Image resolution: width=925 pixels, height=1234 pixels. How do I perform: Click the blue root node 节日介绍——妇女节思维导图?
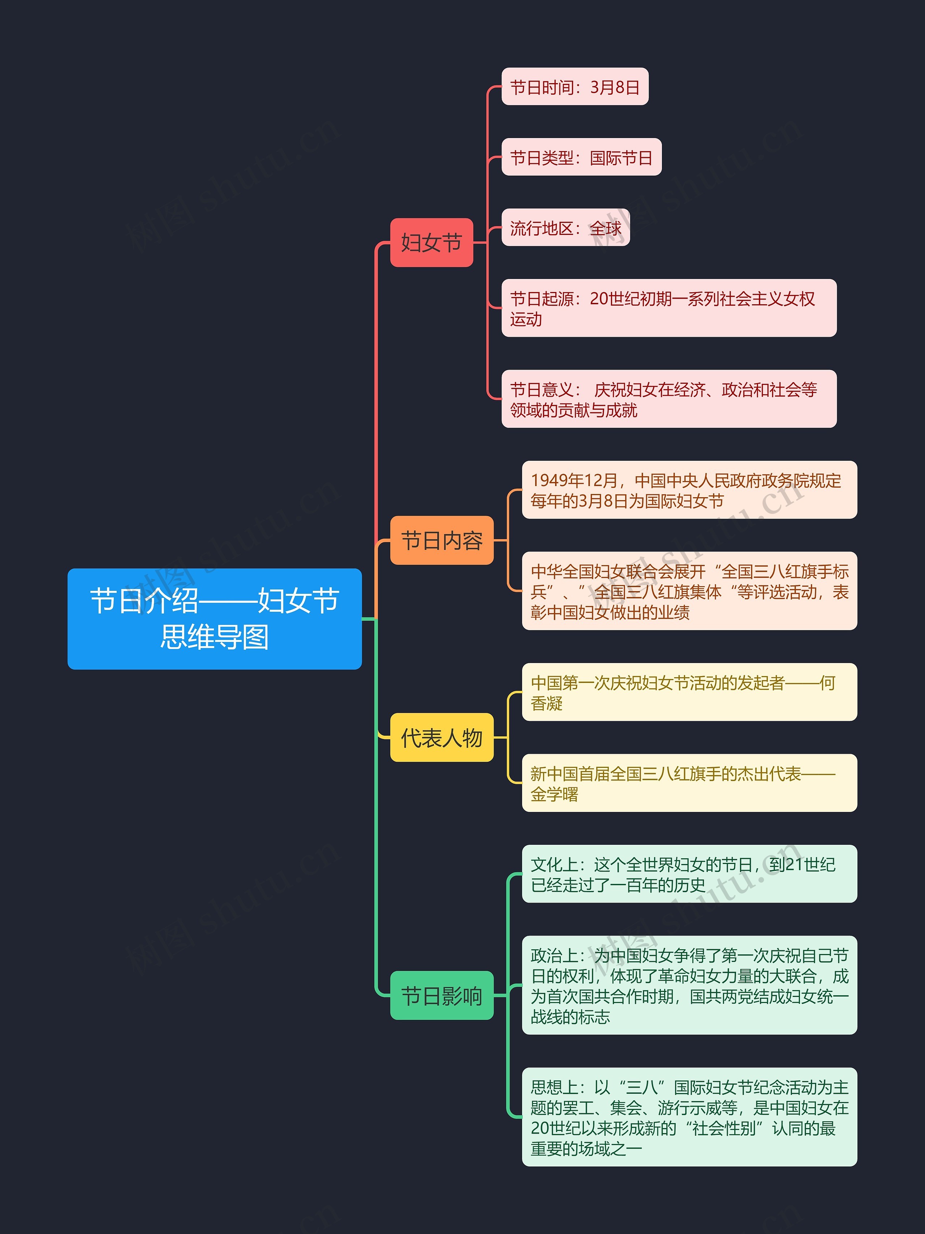(x=215, y=619)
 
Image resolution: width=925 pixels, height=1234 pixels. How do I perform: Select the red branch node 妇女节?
(x=431, y=243)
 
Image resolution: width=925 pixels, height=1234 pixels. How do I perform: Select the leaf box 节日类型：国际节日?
(x=582, y=157)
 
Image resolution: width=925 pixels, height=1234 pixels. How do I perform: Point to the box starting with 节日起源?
(x=669, y=308)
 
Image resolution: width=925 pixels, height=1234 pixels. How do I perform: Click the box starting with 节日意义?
(x=669, y=399)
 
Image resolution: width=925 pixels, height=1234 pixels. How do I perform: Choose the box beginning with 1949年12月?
(x=689, y=490)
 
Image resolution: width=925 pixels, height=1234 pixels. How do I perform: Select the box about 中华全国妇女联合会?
(x=689, y=591)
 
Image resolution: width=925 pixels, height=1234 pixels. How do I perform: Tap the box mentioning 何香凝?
(x=689, y=692)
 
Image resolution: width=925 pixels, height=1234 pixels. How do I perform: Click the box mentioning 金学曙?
(x=689, y=783)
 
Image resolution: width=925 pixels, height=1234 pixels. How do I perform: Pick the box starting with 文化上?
(x=689, y=874)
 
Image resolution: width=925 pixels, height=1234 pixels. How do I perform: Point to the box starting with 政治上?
(x=689, y=985)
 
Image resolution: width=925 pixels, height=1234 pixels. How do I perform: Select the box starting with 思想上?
(x=689, y=1117)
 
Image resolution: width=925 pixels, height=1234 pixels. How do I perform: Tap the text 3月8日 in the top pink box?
(x=615, y=87)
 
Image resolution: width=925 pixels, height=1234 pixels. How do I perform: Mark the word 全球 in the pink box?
(x=606, y=228)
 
